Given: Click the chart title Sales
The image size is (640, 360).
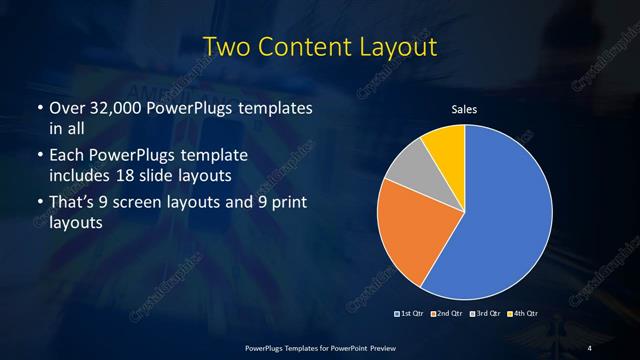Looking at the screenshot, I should click(464, 108).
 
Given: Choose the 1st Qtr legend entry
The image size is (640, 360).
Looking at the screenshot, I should click(413, 314).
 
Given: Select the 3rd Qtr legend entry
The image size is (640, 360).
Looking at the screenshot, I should click(487, 314).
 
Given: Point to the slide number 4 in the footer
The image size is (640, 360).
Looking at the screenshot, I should click(589, 347).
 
